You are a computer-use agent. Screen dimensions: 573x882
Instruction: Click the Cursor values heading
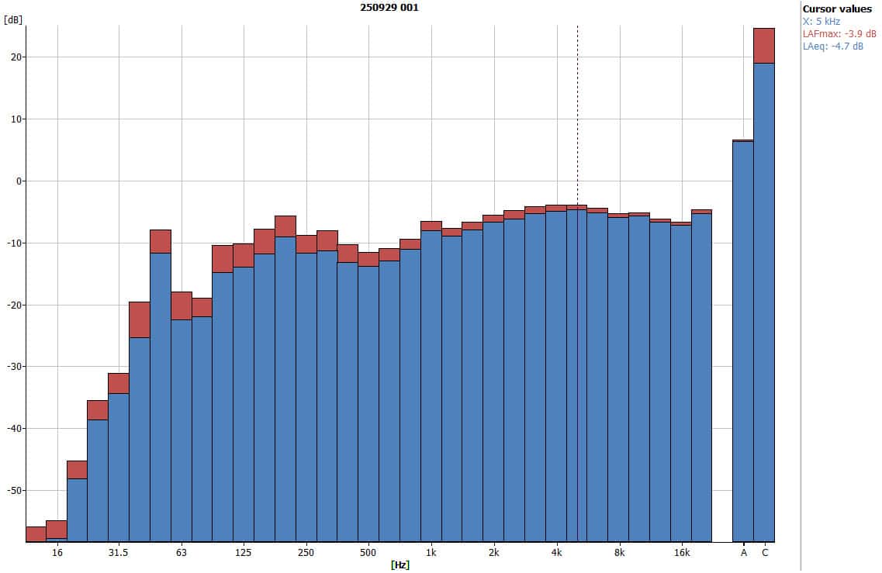pos(837,9)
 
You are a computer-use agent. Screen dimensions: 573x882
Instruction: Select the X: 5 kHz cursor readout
pos(821,22)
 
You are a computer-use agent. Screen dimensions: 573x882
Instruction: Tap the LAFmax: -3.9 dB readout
pos(839,33)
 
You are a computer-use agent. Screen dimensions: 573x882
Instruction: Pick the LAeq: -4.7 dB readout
pos(834,46)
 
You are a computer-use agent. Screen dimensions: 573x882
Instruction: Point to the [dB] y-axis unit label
pos(12,20)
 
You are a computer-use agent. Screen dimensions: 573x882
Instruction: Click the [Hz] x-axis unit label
pos(400,565)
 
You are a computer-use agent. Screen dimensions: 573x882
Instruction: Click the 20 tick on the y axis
pos(16,57)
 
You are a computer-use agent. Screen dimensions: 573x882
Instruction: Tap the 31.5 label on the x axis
pos(119,553)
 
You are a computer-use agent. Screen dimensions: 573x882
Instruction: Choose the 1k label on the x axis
pos(431,553)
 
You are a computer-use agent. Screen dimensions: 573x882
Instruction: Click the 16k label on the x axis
pos(682,553)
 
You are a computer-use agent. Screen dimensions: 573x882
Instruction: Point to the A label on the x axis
pos(743,553)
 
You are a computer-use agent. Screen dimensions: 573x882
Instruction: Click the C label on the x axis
pos(765,553)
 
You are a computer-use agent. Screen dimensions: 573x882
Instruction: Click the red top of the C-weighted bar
pos(764,46)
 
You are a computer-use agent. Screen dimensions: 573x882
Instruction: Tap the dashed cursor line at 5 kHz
pos(577,116)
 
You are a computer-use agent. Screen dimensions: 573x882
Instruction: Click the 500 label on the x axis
pos(368,553)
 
